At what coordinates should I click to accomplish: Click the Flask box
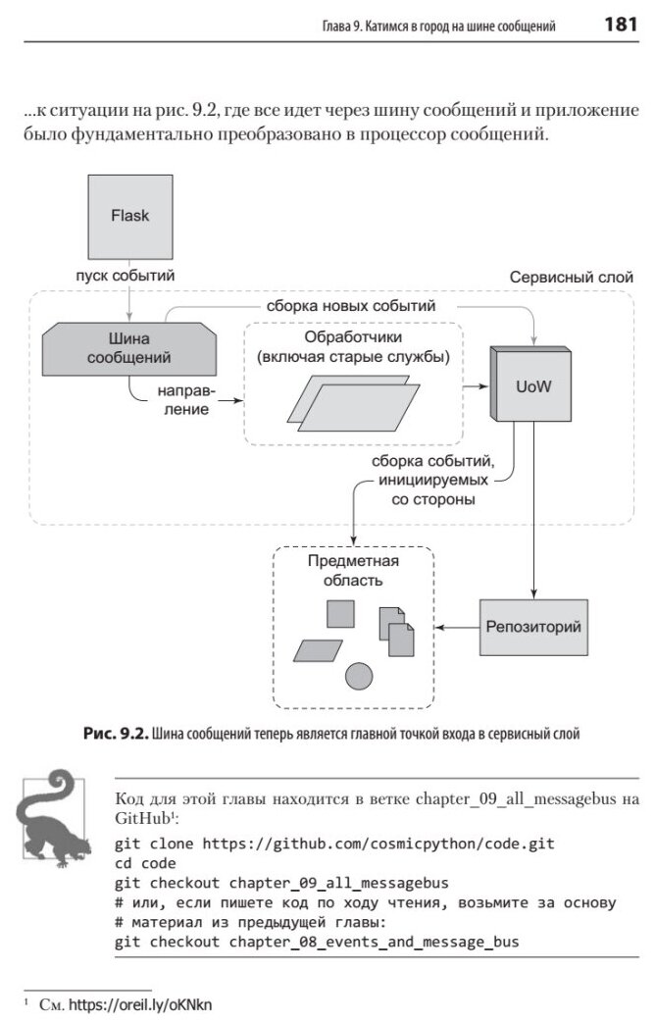coord(129,216)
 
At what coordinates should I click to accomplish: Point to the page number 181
coord(621,26)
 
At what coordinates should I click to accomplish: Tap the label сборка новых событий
coord(350,307)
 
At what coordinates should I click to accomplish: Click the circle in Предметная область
coord(359,676)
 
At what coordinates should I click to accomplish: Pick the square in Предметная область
coord(340,614)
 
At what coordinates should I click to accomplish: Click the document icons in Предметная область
coord(396,630)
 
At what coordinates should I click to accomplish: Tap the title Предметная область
coord(339,570)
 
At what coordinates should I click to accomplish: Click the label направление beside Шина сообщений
coord(183,400)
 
